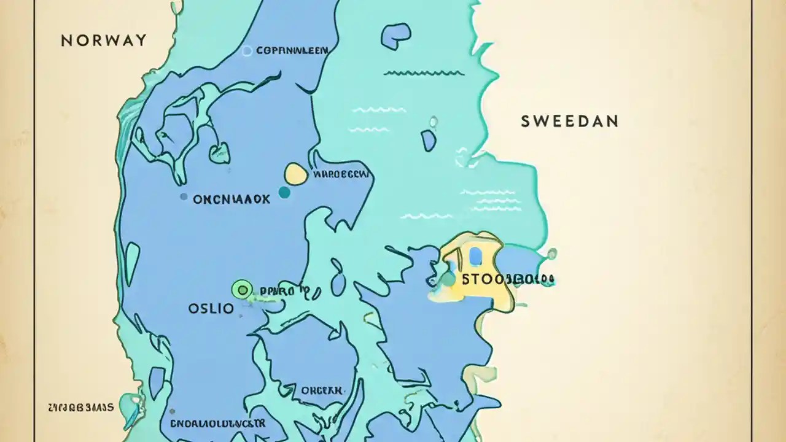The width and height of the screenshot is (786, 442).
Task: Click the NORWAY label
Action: point(104,41)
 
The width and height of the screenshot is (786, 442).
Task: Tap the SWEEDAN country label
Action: point(569,121)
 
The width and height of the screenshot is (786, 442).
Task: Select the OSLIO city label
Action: point(211,308)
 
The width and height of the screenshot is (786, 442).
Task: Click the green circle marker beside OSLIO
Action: point(242,289)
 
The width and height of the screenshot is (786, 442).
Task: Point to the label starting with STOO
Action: point(507,280)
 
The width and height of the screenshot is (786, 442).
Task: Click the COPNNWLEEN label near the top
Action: point(292,51)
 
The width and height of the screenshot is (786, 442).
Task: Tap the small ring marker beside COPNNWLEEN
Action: point(247,51)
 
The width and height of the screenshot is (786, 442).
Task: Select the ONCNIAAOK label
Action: point(231,199)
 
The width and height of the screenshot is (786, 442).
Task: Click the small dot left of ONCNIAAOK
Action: point(183,197)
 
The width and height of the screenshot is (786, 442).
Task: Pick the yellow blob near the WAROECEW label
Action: point(296,174)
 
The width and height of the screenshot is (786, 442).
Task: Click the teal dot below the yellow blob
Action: point(284,192)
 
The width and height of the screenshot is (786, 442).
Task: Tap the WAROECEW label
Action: point(341,174)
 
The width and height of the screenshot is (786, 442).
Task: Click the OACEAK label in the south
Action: point(322,390)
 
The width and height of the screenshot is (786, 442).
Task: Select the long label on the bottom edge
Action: point(217,424)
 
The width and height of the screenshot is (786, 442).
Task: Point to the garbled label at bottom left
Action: point(80,407)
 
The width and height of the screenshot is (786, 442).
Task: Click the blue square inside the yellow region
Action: point(475,255)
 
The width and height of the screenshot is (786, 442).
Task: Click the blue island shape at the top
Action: point(395,36)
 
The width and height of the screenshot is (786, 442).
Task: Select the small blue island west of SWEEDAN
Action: point(429,141)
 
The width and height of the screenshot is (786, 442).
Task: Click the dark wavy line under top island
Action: point(424,73)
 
